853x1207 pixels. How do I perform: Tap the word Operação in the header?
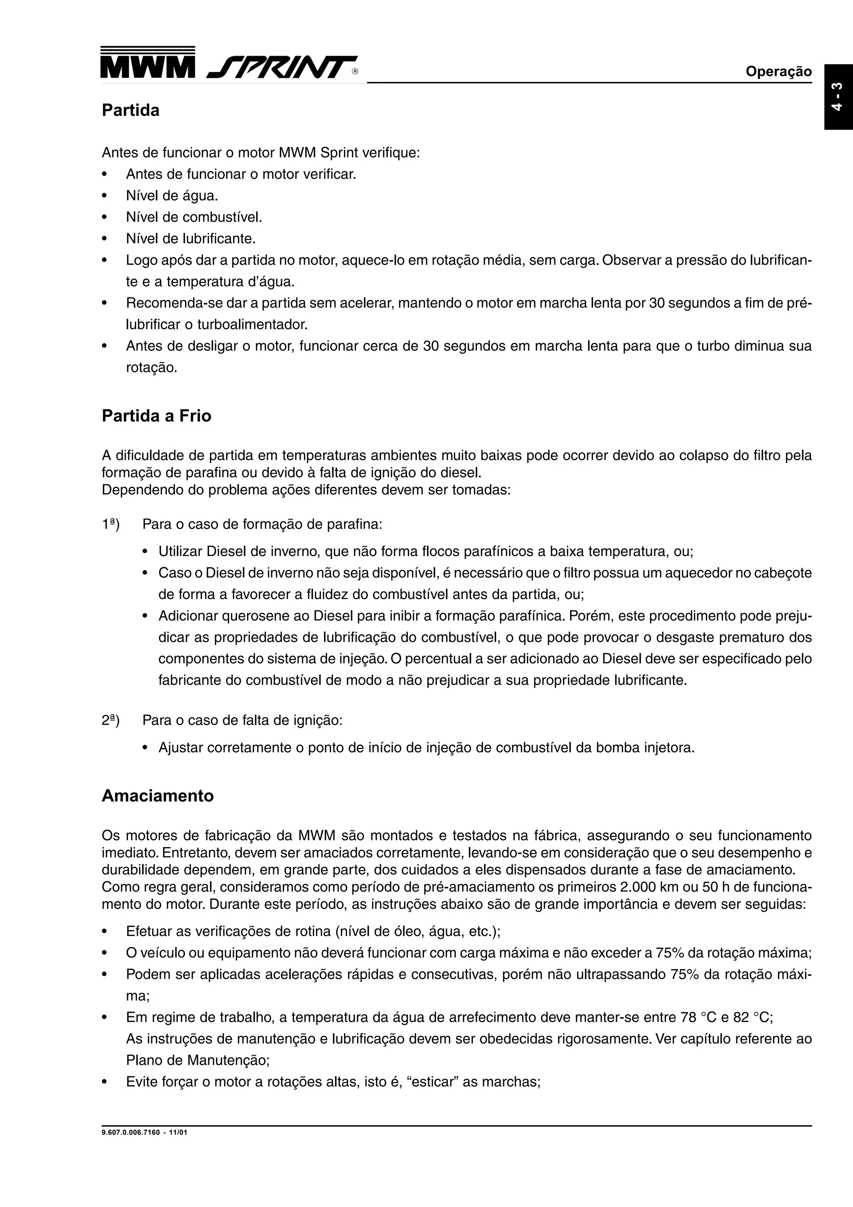[x=778, y=72]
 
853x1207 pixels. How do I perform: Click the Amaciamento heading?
[x=158, y=796]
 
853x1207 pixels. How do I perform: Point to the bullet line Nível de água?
[x=172, y=196]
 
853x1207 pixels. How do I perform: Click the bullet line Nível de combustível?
[x=194, y=217]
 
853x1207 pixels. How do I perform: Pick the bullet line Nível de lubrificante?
[x=191, y=239]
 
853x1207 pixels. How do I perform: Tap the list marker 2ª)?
[x=110, y=720]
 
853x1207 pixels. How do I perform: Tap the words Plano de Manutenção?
[x=197, y=1060]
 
